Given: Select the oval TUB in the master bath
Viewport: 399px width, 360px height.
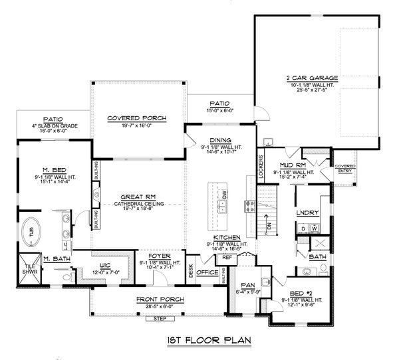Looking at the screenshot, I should pyautogui.click(x=31, y=233).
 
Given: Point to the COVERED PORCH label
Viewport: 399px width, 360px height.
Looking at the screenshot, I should pyautogui.click(x=137, y=118).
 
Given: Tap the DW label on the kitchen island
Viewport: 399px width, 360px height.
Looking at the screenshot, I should pyautogui.click(x=224, y=195).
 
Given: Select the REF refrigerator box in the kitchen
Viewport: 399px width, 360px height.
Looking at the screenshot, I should pyautogui.click(x=226, y=257).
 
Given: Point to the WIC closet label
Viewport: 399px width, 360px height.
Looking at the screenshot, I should pyautogui.click(x=98, y=264).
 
